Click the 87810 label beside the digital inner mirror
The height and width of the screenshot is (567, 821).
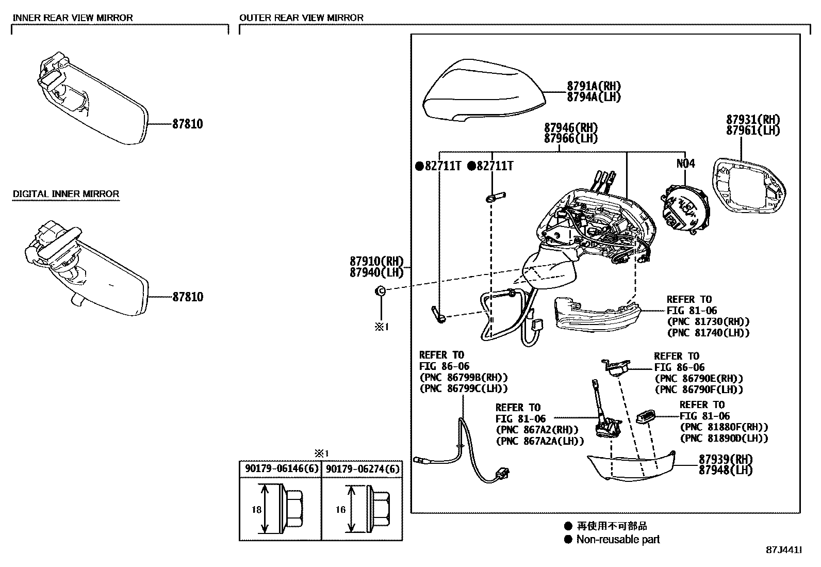click(x=187, y=297)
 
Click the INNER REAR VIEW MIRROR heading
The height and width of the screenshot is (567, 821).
click(x=72, y=18)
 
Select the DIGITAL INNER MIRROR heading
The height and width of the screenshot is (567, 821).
click(x=65, y=194)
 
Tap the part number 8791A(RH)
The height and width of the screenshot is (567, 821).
click(x=594, y=87)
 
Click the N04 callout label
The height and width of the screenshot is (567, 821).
click(x=685, y=164)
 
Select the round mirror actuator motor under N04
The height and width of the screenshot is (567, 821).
click(x=685, y=209)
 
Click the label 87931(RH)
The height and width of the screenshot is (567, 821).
click(x=753, y=120)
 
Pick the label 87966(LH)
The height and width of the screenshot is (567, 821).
click(x=570, y=138)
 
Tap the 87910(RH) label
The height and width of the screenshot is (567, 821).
click(x=376, y=261)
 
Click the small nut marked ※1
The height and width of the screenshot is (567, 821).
click(x=381, y=291)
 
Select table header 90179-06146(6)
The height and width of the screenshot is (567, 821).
click(x=280, y=469)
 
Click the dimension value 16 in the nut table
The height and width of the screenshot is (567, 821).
click(x=340, y=510)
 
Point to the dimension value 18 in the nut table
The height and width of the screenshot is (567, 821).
click(x=257, y=510)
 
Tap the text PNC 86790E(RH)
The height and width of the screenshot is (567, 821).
click(x=699, y=379)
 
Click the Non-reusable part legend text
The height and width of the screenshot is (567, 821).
click(x=618, y=540)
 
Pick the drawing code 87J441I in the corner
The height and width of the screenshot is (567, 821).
click(x=784, y=550)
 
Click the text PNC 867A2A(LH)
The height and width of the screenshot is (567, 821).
click(x=540, y=441)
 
